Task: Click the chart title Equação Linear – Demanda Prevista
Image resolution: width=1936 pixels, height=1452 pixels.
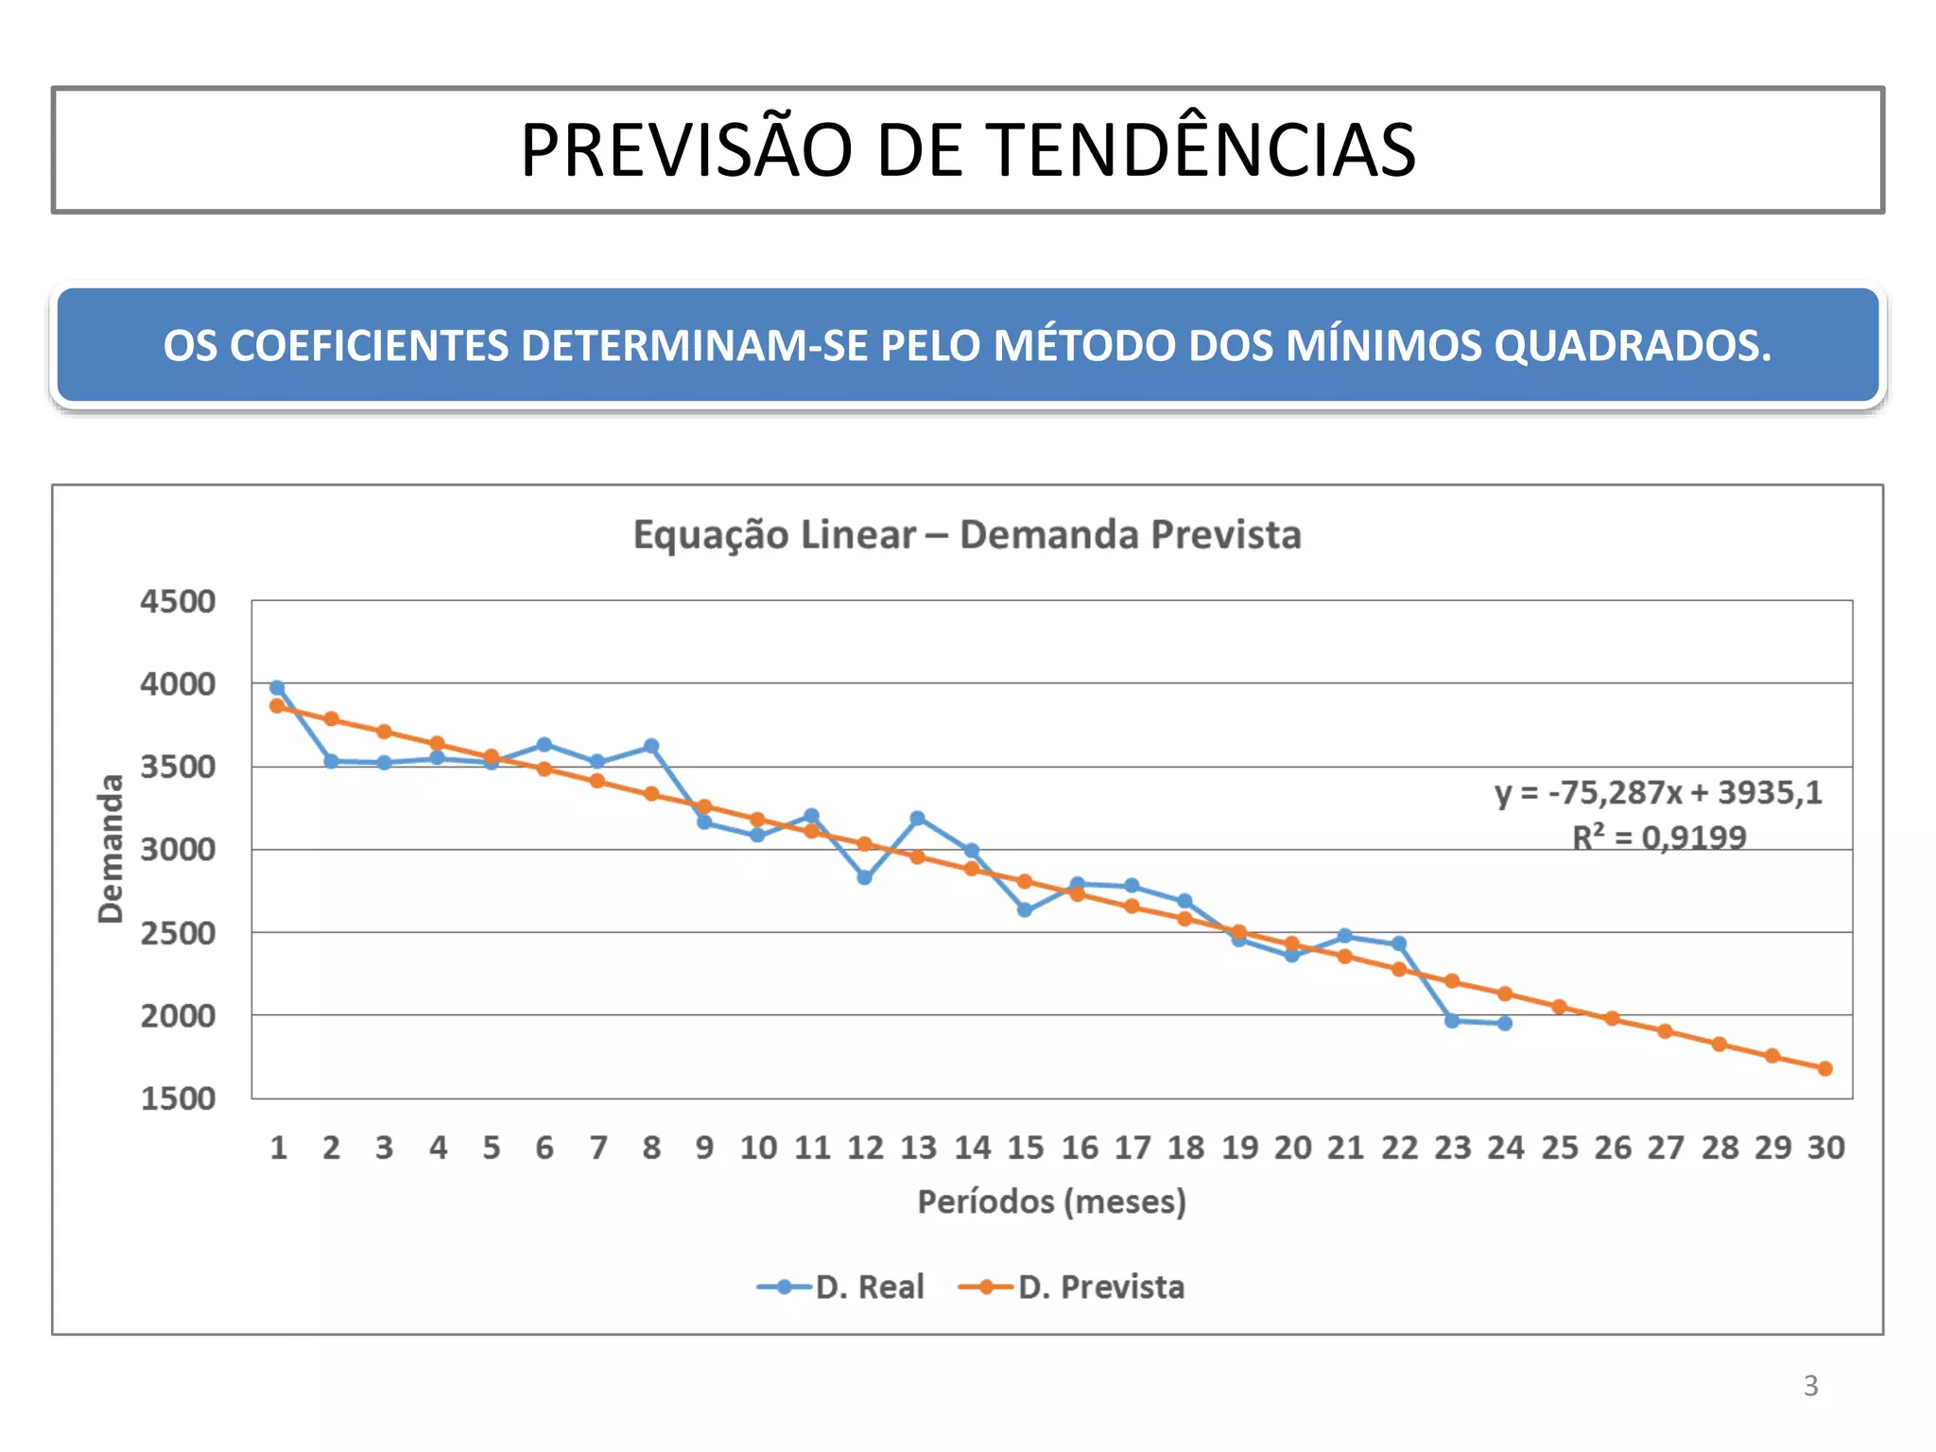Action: [967, 535]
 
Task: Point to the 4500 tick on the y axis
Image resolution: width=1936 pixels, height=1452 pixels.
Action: [178, 601]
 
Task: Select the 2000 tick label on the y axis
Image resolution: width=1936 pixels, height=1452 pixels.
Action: [178, 1016]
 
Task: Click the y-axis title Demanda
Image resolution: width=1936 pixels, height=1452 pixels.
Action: [111, 848]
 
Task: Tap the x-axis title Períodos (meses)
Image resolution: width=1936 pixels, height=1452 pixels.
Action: [1051, 1201]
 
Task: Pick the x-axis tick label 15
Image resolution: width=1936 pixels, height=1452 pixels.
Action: [1025, 1148]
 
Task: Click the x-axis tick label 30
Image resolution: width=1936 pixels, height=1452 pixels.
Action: [1825, 1148]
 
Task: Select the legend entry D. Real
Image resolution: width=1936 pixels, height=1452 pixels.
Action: [869, 1287]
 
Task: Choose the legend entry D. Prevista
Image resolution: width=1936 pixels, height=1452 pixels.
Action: [1100, 1287]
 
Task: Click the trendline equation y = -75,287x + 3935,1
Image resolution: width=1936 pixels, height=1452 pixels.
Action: [1658, 792]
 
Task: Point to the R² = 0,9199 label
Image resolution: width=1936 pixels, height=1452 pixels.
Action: [1659, 838]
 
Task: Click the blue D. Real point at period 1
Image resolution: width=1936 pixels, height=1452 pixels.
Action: [277, 687]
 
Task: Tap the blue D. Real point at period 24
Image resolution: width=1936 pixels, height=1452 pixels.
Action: [1505, 1023]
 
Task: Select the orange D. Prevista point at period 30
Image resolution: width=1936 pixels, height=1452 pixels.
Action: [1825, 1068]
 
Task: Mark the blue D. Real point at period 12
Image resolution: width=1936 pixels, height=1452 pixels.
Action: [864, 877]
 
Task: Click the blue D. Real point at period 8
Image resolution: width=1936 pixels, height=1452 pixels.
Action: [651, 746]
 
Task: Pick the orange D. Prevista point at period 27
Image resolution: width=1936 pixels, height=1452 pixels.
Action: [1665, 1030]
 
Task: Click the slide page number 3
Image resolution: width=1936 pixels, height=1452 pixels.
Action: [1810, 1386]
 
